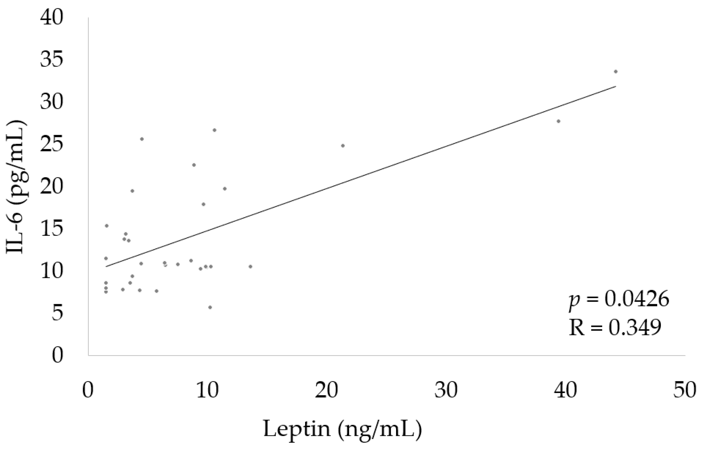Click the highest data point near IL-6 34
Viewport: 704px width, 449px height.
[x=616, y=71]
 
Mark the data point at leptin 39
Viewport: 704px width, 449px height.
[x=559, y=121]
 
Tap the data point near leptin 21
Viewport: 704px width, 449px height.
[x=343, y=145]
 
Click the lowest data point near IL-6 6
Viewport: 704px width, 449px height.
[x=210, y=307]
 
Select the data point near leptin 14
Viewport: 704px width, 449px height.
[x=250, y=266]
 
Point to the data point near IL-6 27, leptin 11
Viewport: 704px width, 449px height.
[x=215, y=130]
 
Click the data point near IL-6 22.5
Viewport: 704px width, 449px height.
[x=194, y=165]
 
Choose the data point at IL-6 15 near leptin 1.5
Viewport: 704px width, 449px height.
[x=107, y=226]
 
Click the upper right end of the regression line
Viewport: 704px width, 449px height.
[x=615, y=86]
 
